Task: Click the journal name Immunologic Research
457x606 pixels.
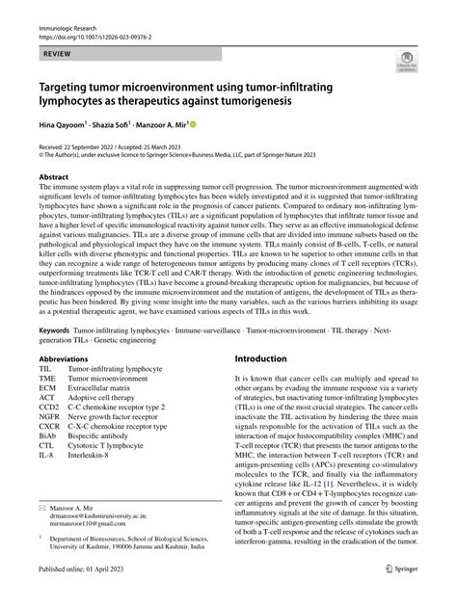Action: [x=69, y=9]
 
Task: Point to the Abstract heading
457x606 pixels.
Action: [x=55, y=178]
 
